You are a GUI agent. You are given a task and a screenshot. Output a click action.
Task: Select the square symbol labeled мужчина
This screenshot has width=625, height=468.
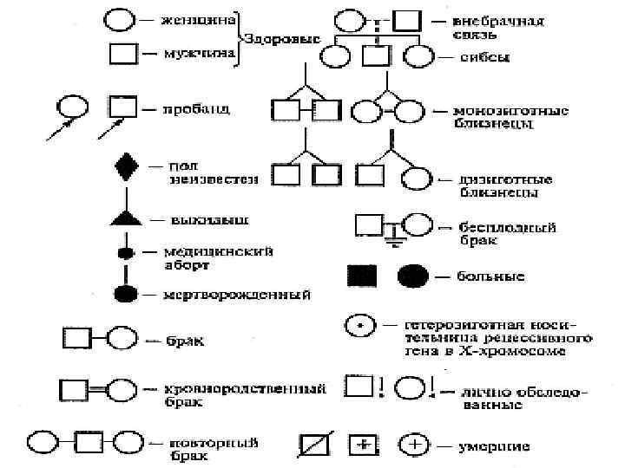pyautogui.click(x=122, y=54)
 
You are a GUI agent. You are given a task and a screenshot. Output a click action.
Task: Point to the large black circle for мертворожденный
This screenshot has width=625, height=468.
pyautogui.click(x=126, y=292)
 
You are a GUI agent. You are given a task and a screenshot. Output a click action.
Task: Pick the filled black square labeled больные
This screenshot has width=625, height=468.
pyautogui.click(x=362, y=276)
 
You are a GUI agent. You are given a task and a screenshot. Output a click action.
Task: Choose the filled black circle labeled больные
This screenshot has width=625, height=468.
pyautogui.click(x=414, y=276)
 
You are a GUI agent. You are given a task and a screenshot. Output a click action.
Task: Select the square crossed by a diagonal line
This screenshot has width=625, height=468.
pyautogui.click(x=312, y=445)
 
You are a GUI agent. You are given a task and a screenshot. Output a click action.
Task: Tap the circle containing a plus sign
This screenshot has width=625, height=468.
pyautogui.click(x=415, y=445)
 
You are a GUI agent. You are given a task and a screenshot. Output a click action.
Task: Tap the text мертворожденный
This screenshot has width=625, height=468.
pyautogui.click(x=237, y=296)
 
